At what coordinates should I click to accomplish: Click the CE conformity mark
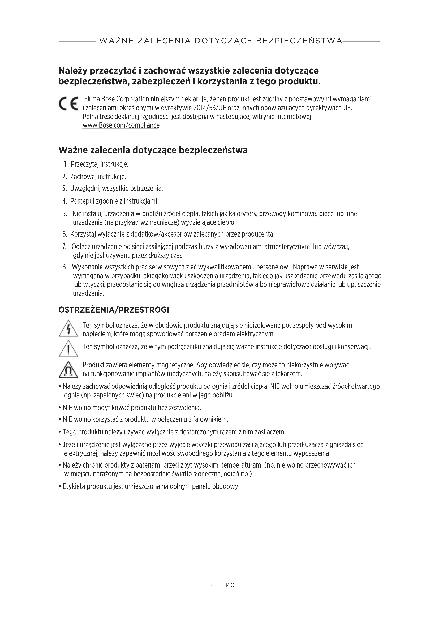pos(68,103)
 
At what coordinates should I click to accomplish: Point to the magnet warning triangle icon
pos(68,370)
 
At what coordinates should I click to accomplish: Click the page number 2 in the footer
pos(211,585)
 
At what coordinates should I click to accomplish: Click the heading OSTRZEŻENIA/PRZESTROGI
pos(114,310)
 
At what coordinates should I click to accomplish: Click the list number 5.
pos(64,214)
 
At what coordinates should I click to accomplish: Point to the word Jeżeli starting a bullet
pos(71,445)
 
